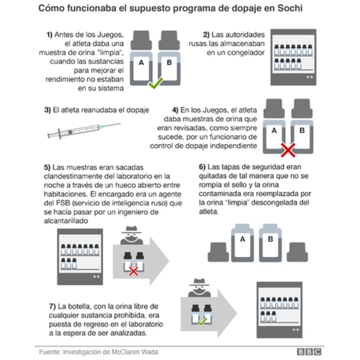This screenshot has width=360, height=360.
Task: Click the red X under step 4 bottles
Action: (289, 149)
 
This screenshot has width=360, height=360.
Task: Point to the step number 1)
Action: (50, 34)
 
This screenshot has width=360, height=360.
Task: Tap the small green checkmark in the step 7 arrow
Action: (201, 322)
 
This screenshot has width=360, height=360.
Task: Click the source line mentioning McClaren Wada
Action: (98, 351)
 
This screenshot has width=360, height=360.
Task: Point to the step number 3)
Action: (47, 110)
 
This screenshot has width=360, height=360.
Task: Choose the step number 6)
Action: (202, 167)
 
